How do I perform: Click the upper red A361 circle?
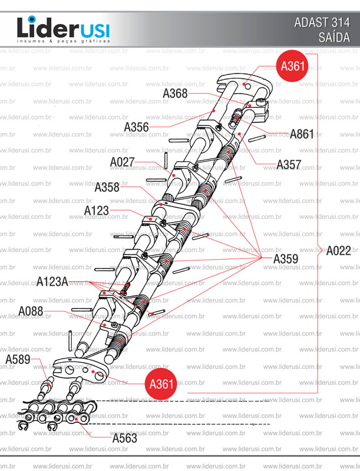click(x=293, y=67)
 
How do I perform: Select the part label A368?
click(x=175, y=93)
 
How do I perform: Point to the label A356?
click(x=136, y=127)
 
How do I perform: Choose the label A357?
click(x=289, y=164)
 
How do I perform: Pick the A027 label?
click(x=123, y=161)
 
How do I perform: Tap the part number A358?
click(x=107, y=188)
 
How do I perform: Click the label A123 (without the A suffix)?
click(x=96, y=210)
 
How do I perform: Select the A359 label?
click(x=285, y=258)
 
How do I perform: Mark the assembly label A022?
click(x=338, y=250)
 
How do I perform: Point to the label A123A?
click(x=52, y=281)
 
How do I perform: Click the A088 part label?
click(x=31, y=310)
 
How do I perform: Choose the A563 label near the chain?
click(x=124, y=438)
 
